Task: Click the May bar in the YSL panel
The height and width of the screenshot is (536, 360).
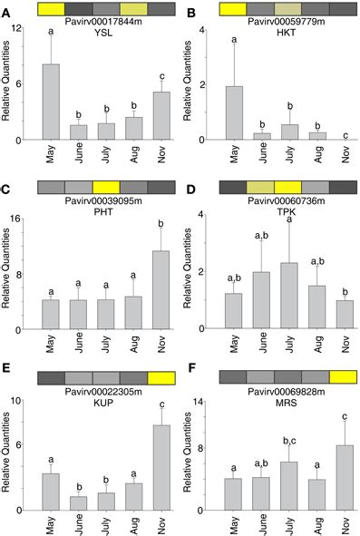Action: [52, 102]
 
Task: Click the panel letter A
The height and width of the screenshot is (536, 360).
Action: [6, 7]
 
